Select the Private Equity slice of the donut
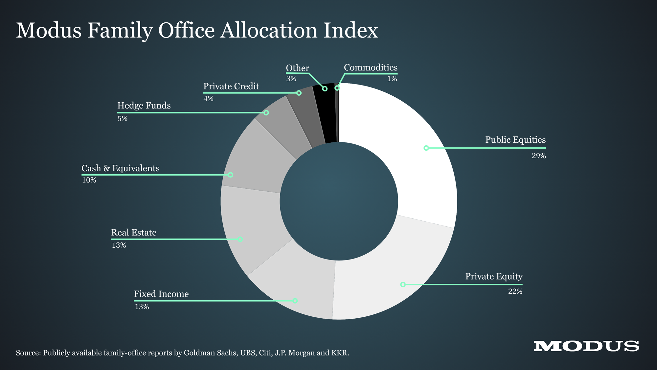click(x=394, y=280)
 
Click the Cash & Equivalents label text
click(x=120, y=168)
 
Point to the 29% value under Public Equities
click(x=539, y=156)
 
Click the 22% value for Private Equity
click(x=515, y=291)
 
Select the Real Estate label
click(x=134, y=233)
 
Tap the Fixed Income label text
click(x=161, y=294)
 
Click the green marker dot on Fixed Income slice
click(x=295, y=301)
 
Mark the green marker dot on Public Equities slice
click(x=426, y=148)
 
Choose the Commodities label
click(x=371, y=68)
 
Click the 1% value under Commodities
click(x=392, y=79)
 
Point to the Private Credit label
click(x=231, y=86)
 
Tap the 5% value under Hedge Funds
click(x=122, y=118)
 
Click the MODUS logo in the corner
click(x=586, y=346)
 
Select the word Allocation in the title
click(x=269, y=31)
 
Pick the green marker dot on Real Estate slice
click(x=240, y=239)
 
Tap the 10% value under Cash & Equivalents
click(x=89, y=180)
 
